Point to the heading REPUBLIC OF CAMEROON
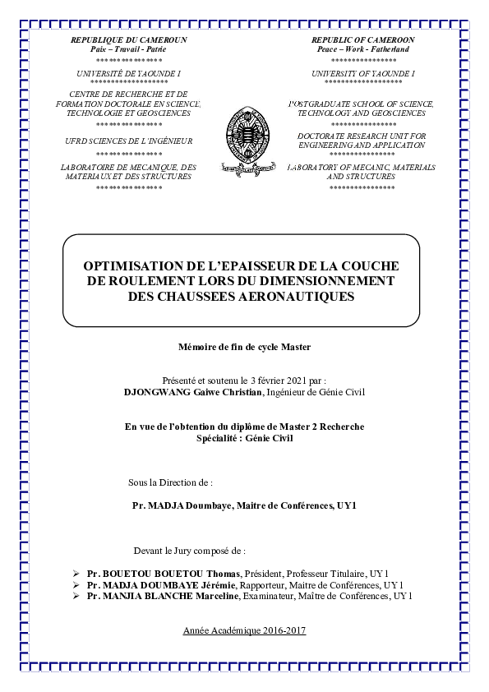[x=362, y=39]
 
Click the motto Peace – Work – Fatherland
[x=362, y=49]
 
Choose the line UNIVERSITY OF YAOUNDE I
[x=362, y=73]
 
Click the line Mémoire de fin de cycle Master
[x=245, y=348]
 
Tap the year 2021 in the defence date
[x=290, y=381]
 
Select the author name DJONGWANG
[x=156, y=393]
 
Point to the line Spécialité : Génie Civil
[x=244, y=438]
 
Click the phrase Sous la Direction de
[x=171, y=482]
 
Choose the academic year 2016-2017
[x=244, y=630]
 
